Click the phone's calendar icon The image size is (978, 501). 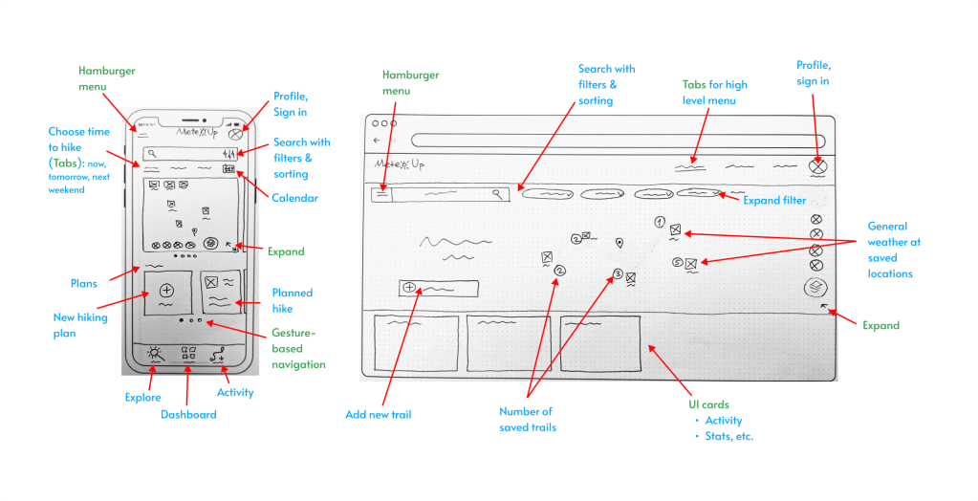228,169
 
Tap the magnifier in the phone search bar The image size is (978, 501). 150,153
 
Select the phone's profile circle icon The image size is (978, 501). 235,135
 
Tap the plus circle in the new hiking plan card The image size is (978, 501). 166,289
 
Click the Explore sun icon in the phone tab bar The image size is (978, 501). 155,355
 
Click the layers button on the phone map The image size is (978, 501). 211,244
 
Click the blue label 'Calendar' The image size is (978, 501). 294,198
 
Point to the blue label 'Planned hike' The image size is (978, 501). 292,300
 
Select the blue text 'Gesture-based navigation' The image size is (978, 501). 299,348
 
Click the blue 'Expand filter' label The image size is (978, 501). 775,200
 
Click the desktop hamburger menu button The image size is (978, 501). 380,193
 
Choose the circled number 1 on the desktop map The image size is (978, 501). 660,222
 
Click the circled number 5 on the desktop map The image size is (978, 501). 677,262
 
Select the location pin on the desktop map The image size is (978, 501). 619,242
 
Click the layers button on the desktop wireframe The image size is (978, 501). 815,287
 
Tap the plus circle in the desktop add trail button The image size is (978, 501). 411,287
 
